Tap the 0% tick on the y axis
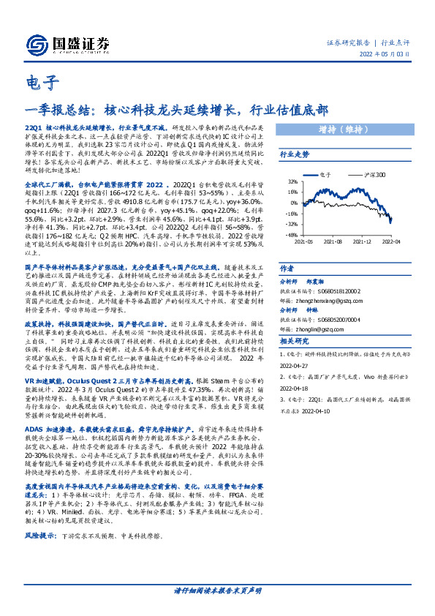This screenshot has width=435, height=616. pyautogui.click(x=294, y=203)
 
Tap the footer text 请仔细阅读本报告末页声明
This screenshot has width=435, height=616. pyautogui.click(x=217, y=589)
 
